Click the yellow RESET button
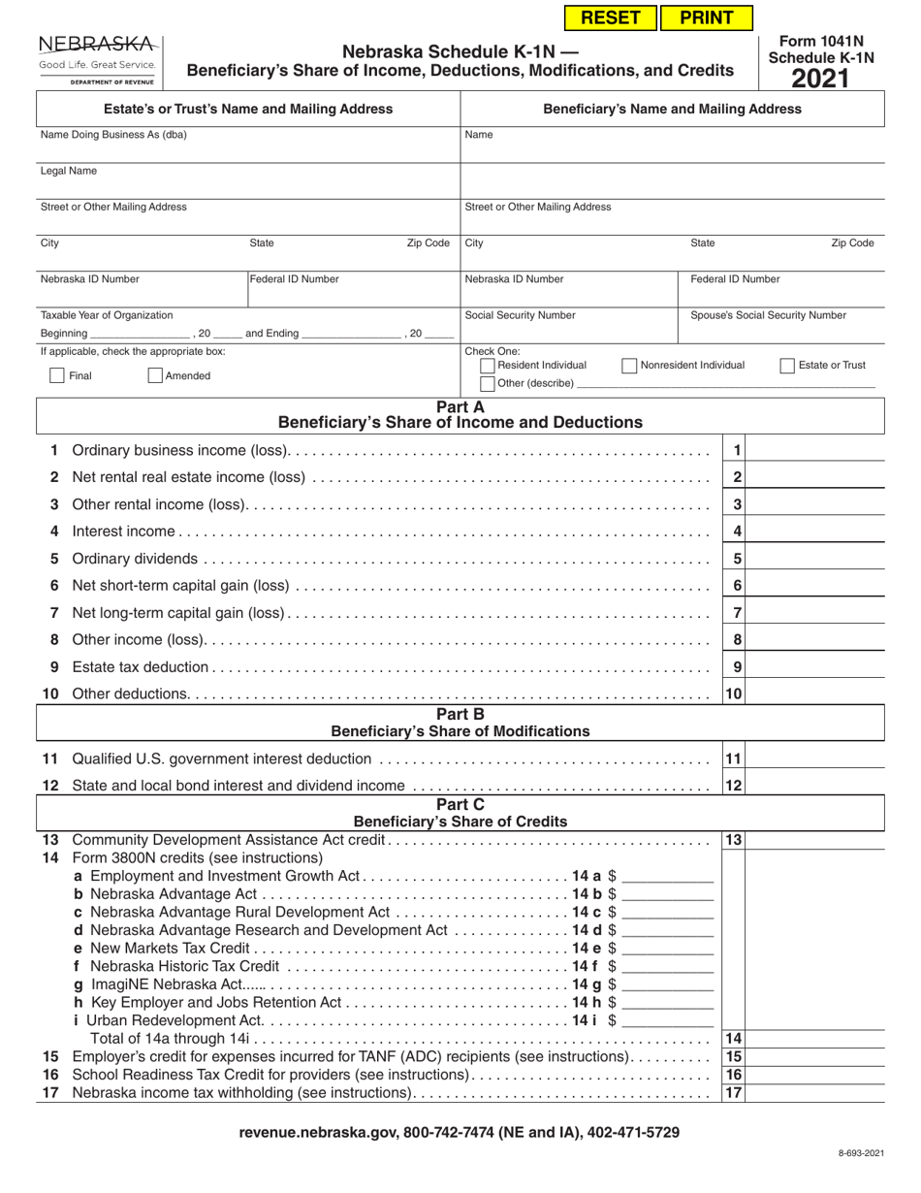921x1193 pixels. (x=610, y=17)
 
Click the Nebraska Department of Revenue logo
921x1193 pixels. (x=97, y=60)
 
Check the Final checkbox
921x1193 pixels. (x=57, y=375)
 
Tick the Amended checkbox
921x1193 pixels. (x=155, y=375)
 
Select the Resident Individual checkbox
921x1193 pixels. (x=488, y=366)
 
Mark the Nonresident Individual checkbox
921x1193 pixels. (x=629, y=366)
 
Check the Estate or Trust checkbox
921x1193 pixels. (x=787, y=366)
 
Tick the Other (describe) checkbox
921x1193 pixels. (x=488, y=384)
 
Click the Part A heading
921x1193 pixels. (x=460, y=407)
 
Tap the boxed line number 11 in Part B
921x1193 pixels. (x=734, y=758)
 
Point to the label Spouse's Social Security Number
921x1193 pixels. (x=768, y=315)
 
